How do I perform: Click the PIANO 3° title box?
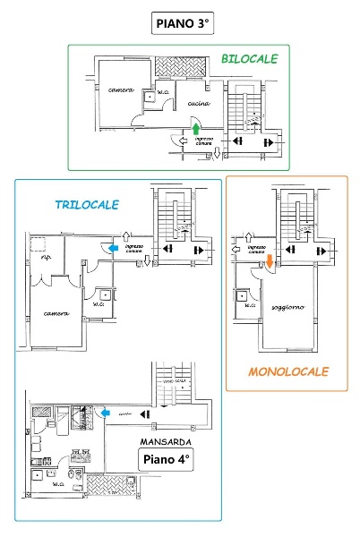click(x=179, y=21)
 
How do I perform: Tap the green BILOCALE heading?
click(x=249, y=59)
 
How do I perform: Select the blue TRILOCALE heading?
click(x=87, y=205)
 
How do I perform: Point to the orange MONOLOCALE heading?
click(x=288, y=371)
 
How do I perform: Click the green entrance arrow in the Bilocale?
click(x=195, y=129)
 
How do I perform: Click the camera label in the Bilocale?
click(x=121, y=90)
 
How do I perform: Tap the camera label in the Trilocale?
click(x=57, y=313)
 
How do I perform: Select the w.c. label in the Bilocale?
click(x=164, y=92)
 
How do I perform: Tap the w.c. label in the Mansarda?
click(x=59, y=485)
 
